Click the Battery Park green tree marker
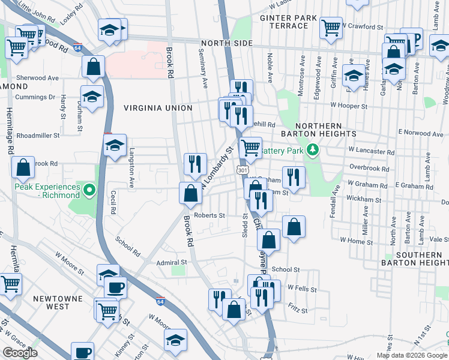(x=312, y=149)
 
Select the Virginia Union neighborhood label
(x=158, y=108)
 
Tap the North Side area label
(x=227, y=43)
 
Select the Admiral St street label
(x=172, y=262)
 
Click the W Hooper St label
(x=348, y=106)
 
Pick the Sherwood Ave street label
(x=37, y=78)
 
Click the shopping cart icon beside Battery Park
(x=250, y=146)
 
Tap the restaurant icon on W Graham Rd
(x=293, y=176)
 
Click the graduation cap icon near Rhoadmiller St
(x=115, y=145)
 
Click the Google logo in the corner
(x=20, y=353)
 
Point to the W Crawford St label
(x=363, y=27)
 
